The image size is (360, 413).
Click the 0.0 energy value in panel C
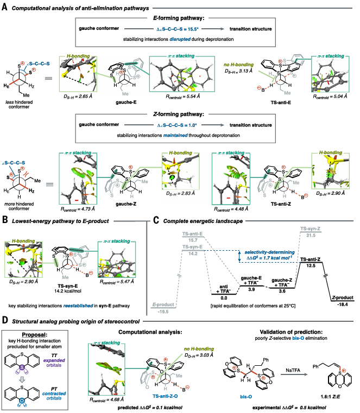point(223,298)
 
